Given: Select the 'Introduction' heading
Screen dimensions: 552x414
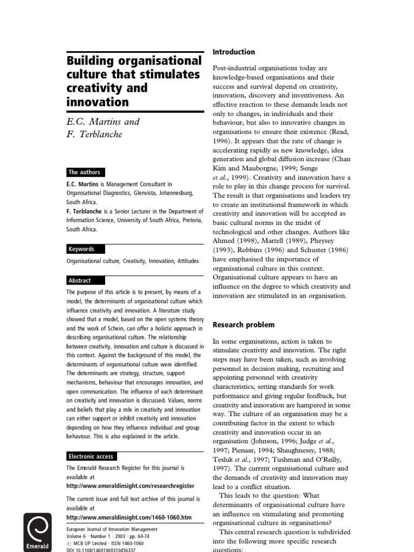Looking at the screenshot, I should pyautogui.click(x=233, y=52).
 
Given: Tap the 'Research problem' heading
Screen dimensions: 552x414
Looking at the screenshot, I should pyautogui.click(x=244, y=325).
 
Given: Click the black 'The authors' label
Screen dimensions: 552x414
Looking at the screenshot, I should pyautogui.click(x=85, y=172).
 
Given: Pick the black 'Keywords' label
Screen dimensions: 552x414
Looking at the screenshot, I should pyautogui.click(x=82, y=249).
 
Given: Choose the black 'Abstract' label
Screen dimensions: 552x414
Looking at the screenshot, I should pyautogui.click(x=80, y=280).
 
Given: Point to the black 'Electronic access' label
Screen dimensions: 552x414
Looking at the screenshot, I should pyautogui.click(x=91, y=456).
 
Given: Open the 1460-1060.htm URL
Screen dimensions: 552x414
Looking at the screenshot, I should pyautogui.click(x=129, y=517).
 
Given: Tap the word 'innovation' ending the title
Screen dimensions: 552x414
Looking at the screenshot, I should pyautogui.click(x=98, y=101).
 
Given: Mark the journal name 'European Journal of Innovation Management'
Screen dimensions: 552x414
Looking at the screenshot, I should pyautogui.click(x=112, y=529).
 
